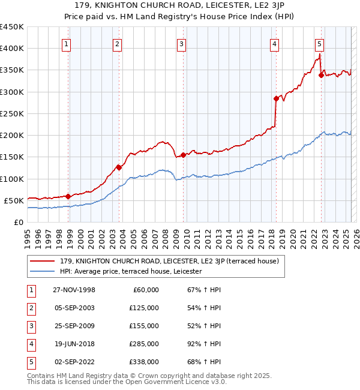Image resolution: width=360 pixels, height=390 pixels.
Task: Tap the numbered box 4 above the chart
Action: point(274,43)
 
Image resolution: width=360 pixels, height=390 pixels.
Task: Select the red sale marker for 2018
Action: point(276,98)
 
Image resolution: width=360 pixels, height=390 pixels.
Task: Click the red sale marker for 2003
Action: point(119,167)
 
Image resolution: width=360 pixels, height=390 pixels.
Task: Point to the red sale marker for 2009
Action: point(183,155)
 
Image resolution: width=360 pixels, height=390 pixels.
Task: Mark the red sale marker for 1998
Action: point(68,196)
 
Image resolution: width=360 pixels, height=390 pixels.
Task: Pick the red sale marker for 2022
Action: point(321,75)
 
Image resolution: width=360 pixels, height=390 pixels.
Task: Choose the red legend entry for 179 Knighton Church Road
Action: point(170,261)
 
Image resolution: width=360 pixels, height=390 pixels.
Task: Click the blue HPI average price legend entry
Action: point(131,271)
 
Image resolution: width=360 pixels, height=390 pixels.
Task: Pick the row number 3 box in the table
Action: point(30,326)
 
